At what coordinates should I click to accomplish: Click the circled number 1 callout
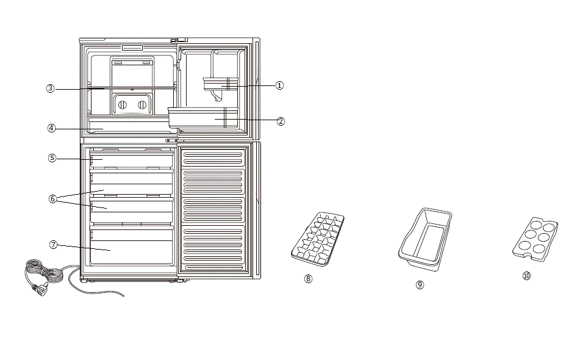tap(279, 85)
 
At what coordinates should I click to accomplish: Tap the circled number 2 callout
tap(281, 121)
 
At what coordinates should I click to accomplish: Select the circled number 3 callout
tap(51, 88)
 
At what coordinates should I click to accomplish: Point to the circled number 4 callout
tap(52, 128)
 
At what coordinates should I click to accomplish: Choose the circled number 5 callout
tap(52, 158)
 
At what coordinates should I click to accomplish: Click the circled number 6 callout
tap(53, 198)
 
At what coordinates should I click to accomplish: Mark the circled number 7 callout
tap(54, 245)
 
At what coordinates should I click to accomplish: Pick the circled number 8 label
tap(308, 278)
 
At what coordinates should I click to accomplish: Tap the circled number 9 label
tap(420, 284)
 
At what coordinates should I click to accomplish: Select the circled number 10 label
tap(527, 276)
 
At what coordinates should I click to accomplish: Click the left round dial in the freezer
tap(122, 105)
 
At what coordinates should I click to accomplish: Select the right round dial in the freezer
tap(142, 105)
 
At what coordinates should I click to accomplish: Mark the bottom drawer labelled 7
tap(132, 247)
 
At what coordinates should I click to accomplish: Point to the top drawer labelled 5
tap(132, 160)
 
